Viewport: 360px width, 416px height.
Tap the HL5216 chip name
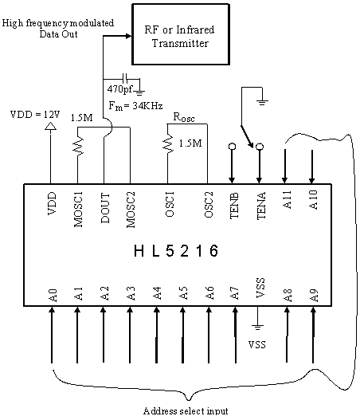pos(176,251)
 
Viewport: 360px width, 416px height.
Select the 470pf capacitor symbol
pos(125,79)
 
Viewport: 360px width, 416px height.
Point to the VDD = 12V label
pos(35,115)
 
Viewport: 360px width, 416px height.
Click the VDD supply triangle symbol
pos(50,126)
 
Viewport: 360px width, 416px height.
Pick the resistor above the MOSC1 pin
pos(77,146)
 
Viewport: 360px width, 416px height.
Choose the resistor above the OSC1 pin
pos(167,145)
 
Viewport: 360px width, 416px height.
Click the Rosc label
pos(184,117)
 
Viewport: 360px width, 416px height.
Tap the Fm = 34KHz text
pos(135,106)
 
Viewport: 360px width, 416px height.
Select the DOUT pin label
pos(105,208)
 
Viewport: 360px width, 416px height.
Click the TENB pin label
pos(234,206)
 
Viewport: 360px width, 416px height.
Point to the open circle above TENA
pos(260,147)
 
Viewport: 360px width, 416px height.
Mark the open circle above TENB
pos(232,147)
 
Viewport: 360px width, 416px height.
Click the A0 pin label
pos(53,296)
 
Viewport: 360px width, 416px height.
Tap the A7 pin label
pos(234,293)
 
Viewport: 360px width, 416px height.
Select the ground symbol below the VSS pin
pos(257,328)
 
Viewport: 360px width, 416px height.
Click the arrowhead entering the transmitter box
pos(129,36)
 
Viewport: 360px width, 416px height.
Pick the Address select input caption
pos(186,410)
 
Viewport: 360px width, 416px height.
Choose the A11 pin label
pos(287,200)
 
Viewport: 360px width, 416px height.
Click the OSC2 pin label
pos(209,205)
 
